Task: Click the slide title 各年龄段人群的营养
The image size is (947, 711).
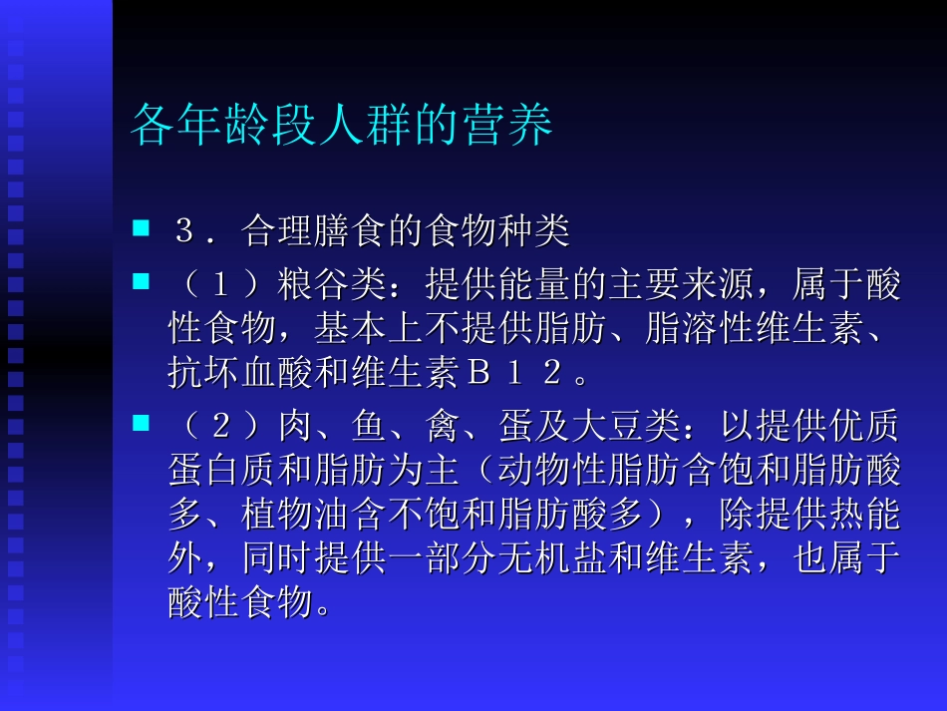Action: pyautogui.click(x=341, y=126)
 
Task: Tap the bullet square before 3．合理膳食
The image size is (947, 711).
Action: pyautogui.click(x=141, y=230)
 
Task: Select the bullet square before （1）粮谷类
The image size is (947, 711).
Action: pyautogui.click(x=141, y=283)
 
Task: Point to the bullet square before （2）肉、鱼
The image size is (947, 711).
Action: pyautogui.click(x=141, y=425)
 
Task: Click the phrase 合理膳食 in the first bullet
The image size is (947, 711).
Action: pyautogui.click(x=314, y=232)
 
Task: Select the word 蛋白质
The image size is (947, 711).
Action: pyautogui.click(x=222, y=471)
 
